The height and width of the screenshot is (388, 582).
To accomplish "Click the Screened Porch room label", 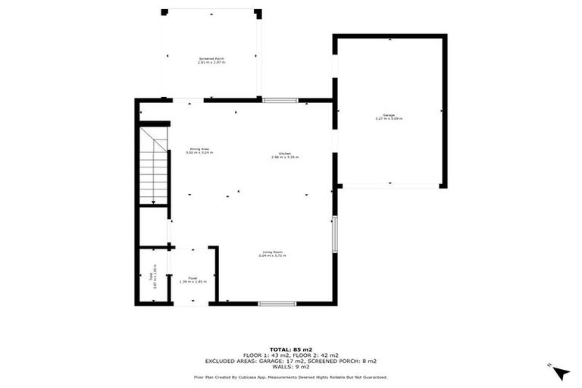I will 211,58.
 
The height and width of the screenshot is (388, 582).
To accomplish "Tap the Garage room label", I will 389,115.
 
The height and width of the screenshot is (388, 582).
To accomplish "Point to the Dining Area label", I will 199,149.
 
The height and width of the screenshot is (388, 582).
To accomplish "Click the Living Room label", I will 273,252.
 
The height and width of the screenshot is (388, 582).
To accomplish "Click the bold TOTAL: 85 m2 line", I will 290,349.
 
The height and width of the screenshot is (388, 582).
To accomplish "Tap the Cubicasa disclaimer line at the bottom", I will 290,377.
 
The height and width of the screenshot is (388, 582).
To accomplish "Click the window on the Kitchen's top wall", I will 280,99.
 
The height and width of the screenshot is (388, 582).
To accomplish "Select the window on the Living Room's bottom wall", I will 277,303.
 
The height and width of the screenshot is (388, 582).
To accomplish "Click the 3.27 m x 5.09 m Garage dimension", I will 389,119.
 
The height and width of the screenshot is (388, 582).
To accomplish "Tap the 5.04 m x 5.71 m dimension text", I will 273,256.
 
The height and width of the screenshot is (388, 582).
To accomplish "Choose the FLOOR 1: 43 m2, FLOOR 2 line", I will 290,355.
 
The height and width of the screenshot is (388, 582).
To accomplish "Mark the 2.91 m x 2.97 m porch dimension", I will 211,62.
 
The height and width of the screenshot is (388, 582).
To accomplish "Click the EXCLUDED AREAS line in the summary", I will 290,361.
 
